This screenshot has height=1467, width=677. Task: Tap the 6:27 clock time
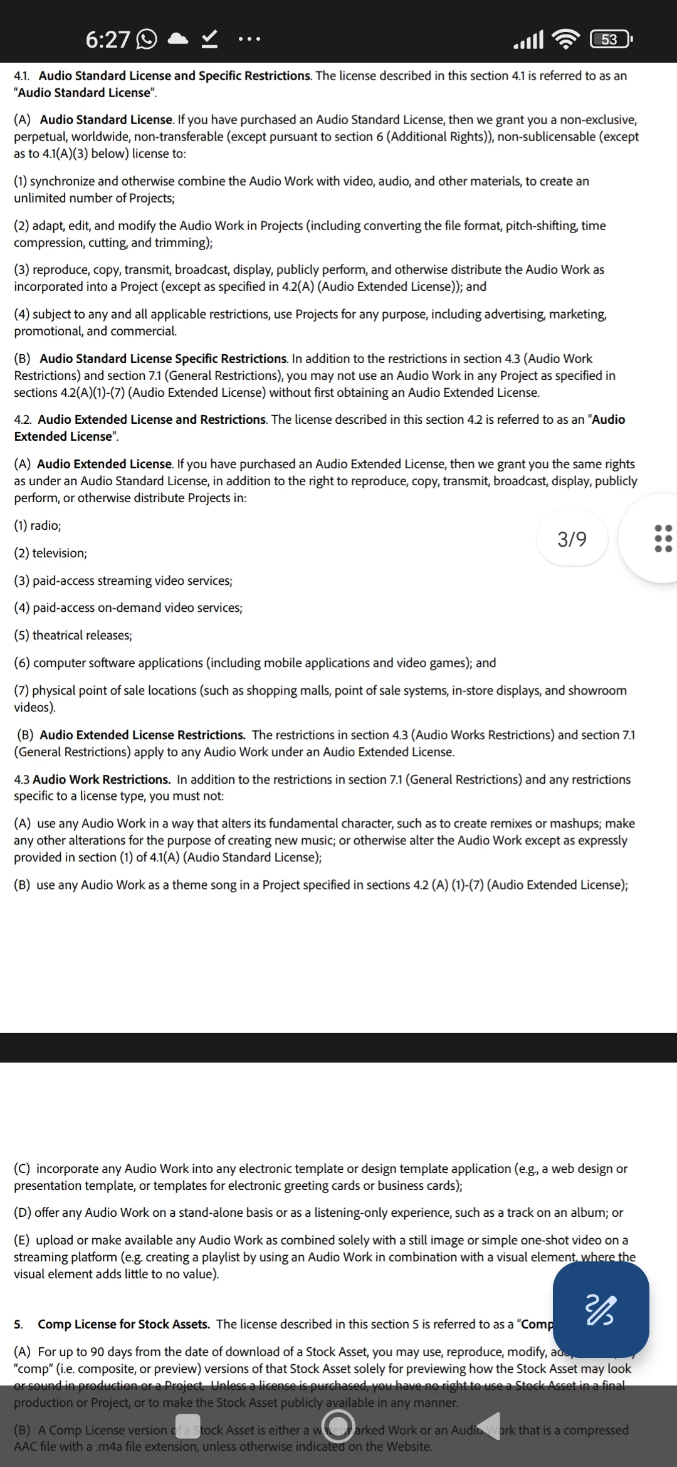pos(107,39)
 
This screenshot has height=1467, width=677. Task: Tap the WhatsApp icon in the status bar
pos(147,39)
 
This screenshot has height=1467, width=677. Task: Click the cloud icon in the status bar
pos(179,39)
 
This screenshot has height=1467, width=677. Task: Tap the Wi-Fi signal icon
pos(566,39)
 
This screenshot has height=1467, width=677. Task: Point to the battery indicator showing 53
pos(611,39)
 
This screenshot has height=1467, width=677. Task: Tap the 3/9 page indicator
pos(572,539)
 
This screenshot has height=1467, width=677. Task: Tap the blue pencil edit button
pos(601,1310)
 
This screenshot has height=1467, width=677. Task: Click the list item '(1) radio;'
pos(38,525)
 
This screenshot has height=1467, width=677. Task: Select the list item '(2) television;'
pos(51,553)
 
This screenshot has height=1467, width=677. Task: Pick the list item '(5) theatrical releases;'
pos(73,635)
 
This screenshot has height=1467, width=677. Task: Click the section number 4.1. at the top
pos(22,76)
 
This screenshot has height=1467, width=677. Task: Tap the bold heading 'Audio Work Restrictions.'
pos(102,779)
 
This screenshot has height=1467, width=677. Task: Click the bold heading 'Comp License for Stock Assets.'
pos(123,1324)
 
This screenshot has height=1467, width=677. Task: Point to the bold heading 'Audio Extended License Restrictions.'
pos(142,735)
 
